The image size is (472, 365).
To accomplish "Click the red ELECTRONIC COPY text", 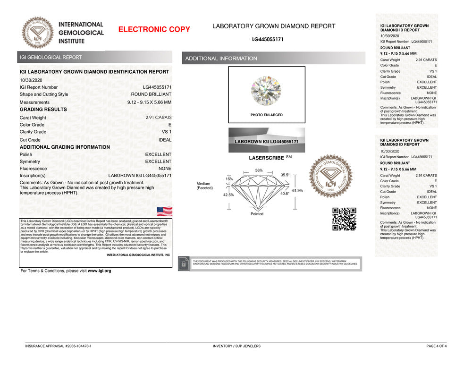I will [154, 29].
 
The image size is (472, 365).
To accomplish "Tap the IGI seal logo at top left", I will [38, 33].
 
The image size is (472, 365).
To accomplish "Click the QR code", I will [344, 219].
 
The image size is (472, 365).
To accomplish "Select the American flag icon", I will [164, 211].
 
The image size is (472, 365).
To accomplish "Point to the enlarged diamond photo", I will [266, 91].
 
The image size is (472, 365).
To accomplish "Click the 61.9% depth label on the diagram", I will [297, 190].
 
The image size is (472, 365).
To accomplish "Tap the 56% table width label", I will [259, 170].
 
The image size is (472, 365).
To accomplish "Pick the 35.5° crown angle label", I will [285, 175].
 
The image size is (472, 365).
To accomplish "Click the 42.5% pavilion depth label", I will [228, 195].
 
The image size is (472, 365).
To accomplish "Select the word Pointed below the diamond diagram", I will [257, 214].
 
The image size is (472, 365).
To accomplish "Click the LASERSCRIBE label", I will [266, 158].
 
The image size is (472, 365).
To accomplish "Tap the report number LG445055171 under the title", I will [268, 39].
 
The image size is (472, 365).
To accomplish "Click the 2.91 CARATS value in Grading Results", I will [158, 118].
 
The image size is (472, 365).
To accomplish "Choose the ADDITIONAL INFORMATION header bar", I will [273, 59].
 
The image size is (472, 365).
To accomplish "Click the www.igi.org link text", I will [99, 271].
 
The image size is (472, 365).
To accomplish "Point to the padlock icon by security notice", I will [184, 264].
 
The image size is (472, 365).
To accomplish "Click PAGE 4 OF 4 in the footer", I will [436, 346].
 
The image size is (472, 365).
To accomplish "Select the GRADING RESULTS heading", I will [43, 110].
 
